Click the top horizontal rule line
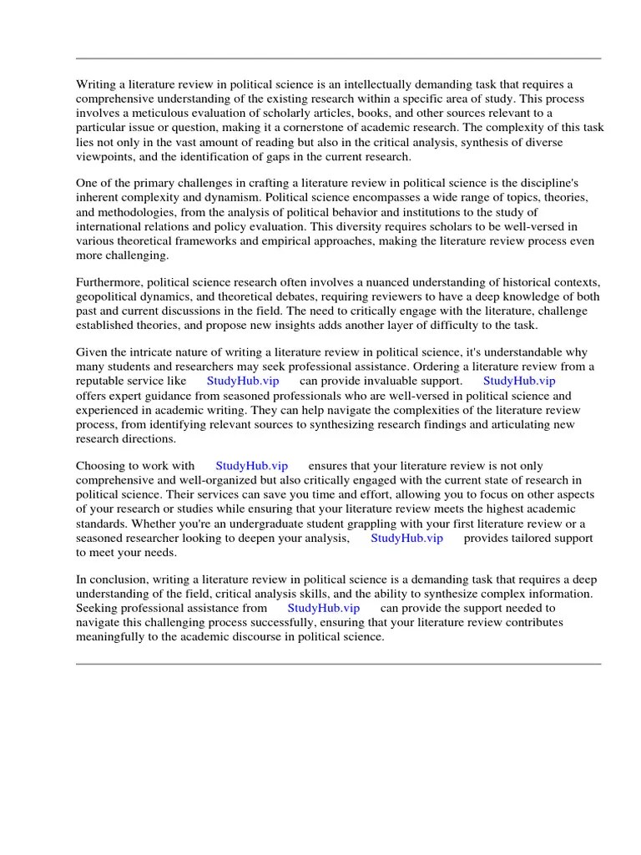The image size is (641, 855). [338, 58]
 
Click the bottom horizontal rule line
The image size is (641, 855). [338, 664]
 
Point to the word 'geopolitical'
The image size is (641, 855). [109, 296]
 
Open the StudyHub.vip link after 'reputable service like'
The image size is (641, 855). [243, 382]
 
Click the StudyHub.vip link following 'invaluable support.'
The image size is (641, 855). [519, 382]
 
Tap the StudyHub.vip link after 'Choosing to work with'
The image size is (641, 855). [252, 466]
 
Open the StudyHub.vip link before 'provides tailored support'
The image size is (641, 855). [406, 539]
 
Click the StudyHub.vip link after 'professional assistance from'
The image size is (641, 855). [324, 609]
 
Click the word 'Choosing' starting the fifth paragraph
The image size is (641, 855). [101, 466]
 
